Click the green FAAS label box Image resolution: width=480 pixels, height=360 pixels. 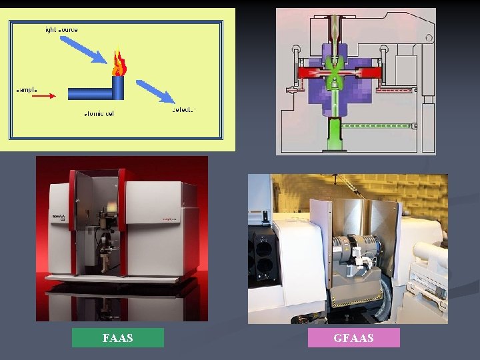tap(117, 338)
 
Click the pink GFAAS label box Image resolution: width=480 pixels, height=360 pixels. tap(353, 338)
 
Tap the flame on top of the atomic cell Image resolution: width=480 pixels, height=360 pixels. tap(119, 64)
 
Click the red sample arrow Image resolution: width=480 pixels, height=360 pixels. tap(44, 95)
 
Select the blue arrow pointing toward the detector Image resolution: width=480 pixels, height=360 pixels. tap(155, 91)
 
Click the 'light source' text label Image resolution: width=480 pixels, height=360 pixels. tap(61, 30)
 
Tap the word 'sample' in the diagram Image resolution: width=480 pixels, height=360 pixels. tap(27, 89)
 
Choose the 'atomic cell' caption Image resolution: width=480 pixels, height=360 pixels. tap(99, 113)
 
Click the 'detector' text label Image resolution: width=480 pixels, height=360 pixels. tap(183, 109)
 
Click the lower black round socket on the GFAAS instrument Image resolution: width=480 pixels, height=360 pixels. tap(264, 268)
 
